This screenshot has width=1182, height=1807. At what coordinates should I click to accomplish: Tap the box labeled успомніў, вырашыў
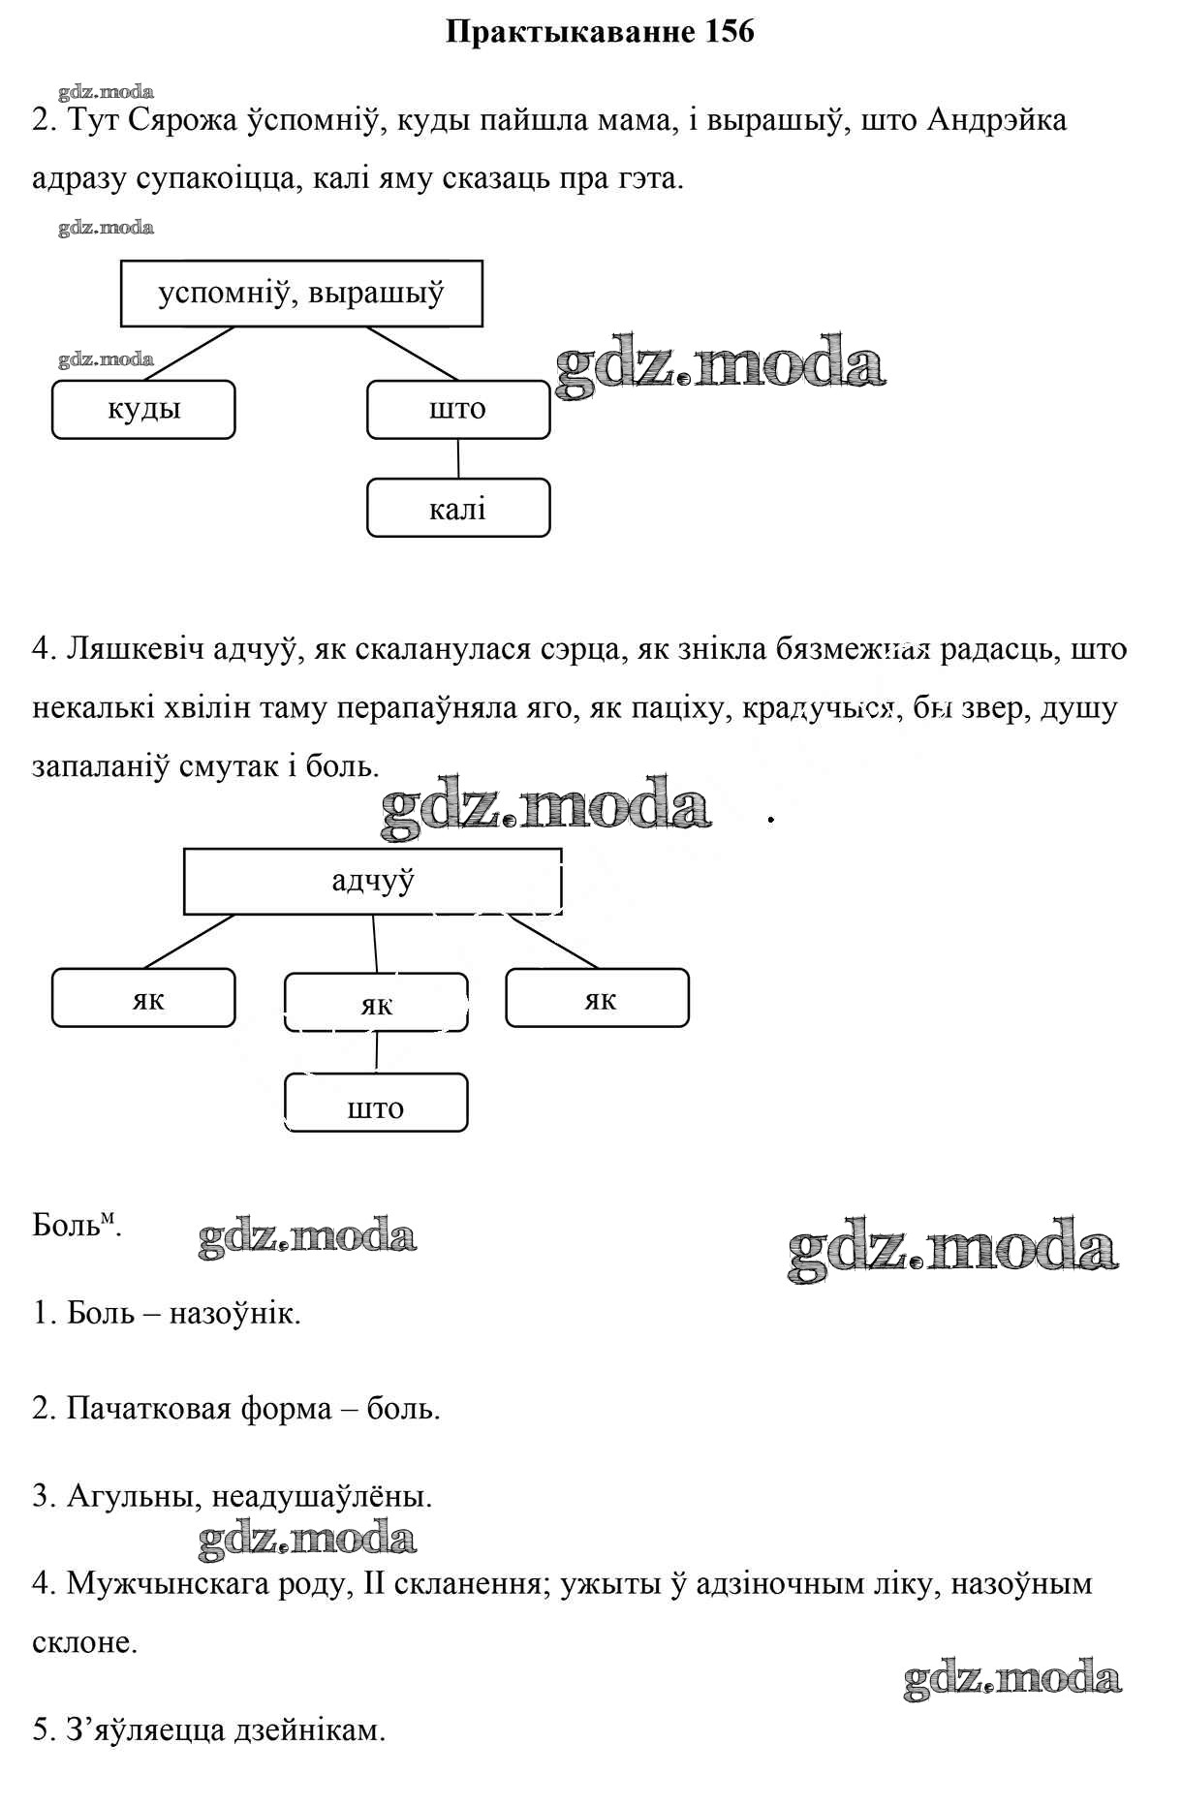[x=301, y=293]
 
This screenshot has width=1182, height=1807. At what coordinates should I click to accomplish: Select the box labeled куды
[x=143, y=409]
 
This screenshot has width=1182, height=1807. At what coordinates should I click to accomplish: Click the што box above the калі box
[x=457, y=409]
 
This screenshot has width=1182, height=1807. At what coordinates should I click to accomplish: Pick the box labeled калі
[x=457, y=508]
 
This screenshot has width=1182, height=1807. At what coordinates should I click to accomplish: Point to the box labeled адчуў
[x=372, y=881]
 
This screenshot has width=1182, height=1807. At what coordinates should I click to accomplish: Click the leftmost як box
[x=143, y=997]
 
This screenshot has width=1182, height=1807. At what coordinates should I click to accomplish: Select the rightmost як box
[x=597, y=997]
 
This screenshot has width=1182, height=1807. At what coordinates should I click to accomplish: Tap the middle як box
[x=376, y=1003]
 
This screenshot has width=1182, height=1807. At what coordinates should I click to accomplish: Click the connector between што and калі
[x=458, y=458]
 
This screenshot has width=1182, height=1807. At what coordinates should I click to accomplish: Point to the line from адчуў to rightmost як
[x=553, y=941]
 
